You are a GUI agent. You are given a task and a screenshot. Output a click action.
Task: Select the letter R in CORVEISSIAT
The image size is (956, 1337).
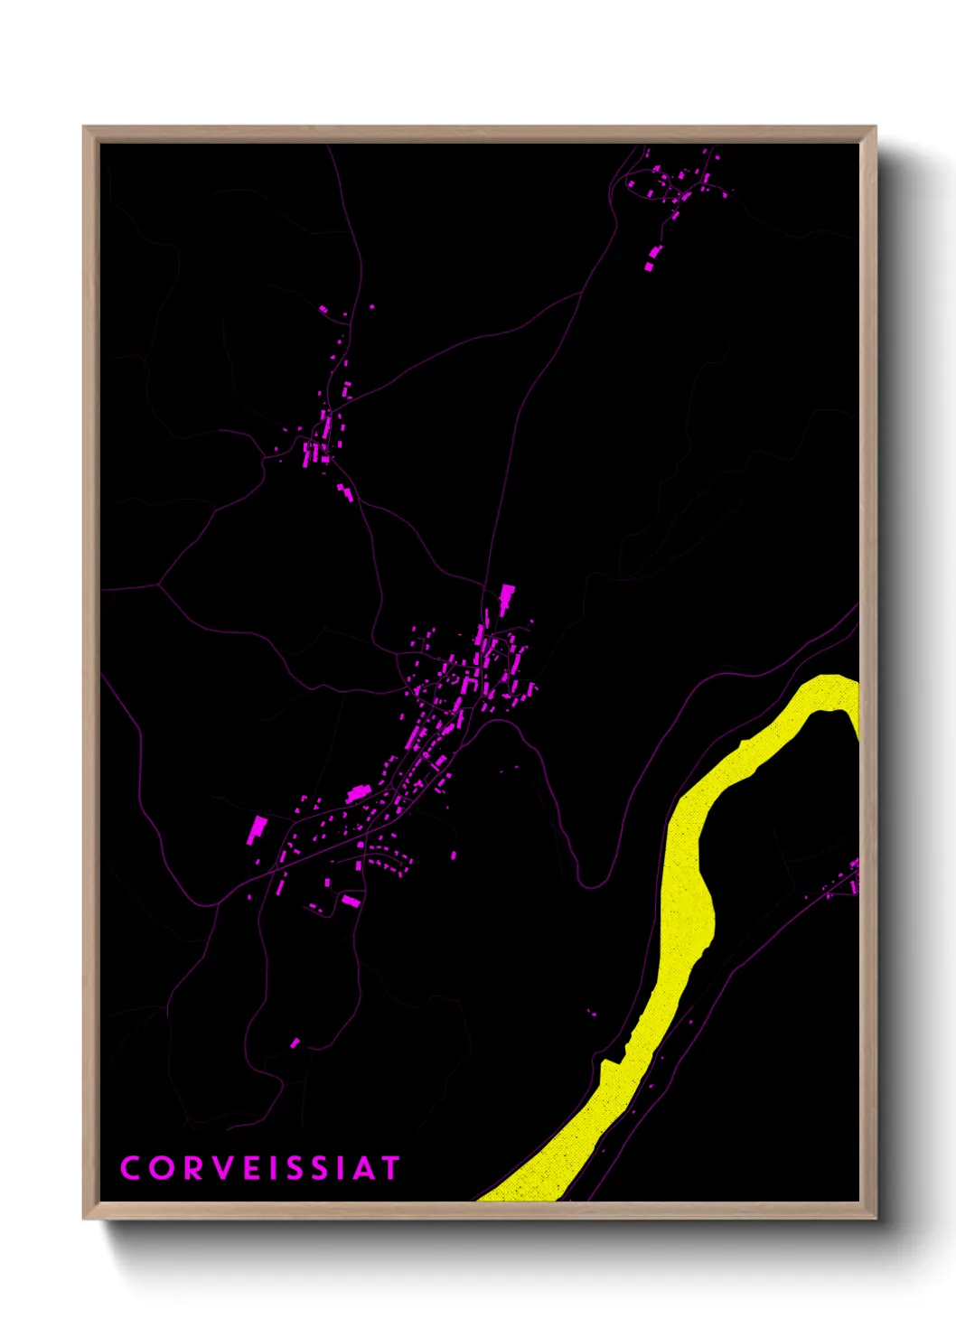click(193, 1168)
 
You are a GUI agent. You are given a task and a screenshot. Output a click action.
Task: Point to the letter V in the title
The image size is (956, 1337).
click(224, 1168)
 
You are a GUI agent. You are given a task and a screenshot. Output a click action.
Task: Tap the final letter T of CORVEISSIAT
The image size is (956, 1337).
click(389, 1168)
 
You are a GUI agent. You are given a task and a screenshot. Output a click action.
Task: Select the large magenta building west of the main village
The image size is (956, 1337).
click(258, 829)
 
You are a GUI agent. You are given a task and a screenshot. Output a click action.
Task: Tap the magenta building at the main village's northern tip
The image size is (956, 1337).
click(507, 598)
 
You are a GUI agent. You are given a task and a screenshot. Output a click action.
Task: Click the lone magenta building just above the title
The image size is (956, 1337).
click(295, 1043)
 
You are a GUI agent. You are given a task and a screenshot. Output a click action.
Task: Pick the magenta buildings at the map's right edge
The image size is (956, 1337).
click(853, 876)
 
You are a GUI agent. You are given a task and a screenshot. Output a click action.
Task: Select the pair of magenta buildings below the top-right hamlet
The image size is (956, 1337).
click(652, 258)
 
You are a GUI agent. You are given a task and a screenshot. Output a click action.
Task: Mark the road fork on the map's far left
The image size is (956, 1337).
click(159, 585)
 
